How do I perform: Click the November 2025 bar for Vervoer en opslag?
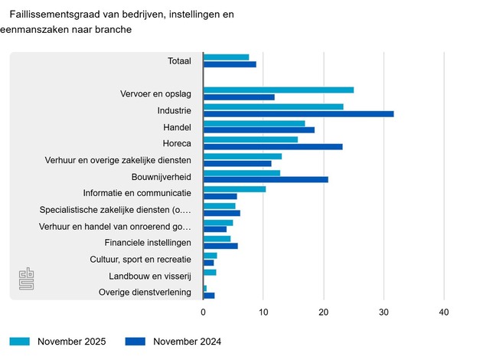click(x=278, y=90)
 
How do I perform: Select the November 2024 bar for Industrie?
click(x=299, y=114)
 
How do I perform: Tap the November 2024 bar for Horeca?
click(x=273, y=147)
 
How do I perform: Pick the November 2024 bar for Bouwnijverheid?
click(x=266, y=180)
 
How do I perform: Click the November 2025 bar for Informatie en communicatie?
click(x=234, y=188)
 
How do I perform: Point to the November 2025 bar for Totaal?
click(x=226, y=57)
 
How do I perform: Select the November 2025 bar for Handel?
click(x=254, y=123)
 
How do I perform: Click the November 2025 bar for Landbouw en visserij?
click(x=210, y=272)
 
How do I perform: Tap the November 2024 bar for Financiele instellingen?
click(x=220, y=246)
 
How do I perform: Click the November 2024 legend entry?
click(x=175, y=342)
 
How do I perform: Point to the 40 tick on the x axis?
click(x=443, y=312)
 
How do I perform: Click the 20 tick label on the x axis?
click(x=323, y=312)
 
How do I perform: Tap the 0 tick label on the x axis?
click(x=203, y=312)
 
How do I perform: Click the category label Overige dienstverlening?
click(x=145, y=292)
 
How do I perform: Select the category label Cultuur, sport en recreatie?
click(x=140, y=259)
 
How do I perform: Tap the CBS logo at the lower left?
click(x=28, y=280)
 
